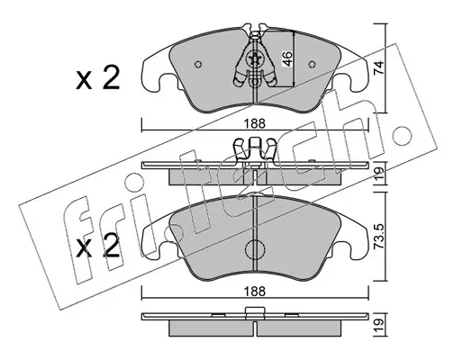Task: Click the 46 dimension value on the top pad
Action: click(x=287, y=58)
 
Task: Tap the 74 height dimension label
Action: click(x=379, y=67)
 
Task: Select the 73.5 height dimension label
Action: click(x=379, y=237)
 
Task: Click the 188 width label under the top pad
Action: click(x=255, y=123)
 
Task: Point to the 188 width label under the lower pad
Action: click(x=255, y=292)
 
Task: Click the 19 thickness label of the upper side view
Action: click(x=379, y=174)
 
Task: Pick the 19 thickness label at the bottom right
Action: click(x=379, y=323)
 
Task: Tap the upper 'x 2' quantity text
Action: click(x=97, y=78)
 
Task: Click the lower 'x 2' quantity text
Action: click(x=97, y=246)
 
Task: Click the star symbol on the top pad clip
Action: click(x=255, y=58)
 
